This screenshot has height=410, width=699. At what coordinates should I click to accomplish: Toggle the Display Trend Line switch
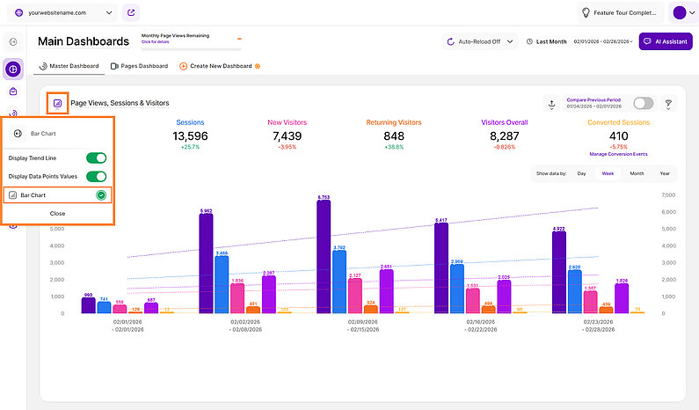(x=96, y=158)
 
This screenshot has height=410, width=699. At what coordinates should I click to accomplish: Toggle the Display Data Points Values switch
(x=96, y=177)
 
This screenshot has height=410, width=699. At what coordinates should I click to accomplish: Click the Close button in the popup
(x=57, y=214)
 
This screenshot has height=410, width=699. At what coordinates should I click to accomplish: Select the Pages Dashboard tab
(x=139, y=66)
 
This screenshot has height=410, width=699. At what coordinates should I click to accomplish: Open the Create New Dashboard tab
(x=215, y=66)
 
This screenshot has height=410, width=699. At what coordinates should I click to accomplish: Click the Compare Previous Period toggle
(x=644, y=104)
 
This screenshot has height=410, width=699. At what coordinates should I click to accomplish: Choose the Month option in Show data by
(x=636, y=173)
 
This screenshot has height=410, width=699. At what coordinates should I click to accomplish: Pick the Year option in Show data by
(x=665, y=173)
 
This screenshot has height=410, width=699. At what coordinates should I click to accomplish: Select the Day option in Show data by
(x=581, y=173)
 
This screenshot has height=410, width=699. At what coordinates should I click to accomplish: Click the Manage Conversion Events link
(x=619, y=154)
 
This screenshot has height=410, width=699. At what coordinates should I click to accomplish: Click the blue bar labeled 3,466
(x=222, y=284)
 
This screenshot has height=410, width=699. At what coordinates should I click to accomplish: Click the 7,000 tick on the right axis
(x=666, y=194)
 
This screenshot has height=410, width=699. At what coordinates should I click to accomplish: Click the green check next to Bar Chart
(x=102, y=195)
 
